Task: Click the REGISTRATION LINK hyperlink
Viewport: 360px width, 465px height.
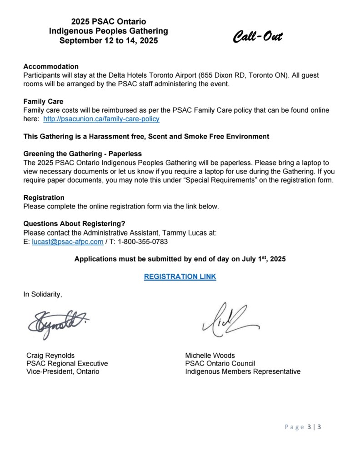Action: [x=180, y=277]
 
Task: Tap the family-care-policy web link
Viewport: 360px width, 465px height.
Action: [x=101, y=119]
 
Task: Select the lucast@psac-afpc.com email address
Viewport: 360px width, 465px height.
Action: [x=67, y=242]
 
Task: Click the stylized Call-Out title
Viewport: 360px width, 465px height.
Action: [x=257, y=36]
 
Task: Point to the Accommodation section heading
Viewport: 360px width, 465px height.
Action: [x=51, y=66]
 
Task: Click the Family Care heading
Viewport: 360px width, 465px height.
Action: [x=43, y=101]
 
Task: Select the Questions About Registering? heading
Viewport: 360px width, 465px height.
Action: [x=74, y=223]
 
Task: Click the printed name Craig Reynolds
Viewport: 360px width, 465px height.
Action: [x=50, y=355]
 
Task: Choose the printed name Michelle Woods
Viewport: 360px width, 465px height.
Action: [x=210, y=355]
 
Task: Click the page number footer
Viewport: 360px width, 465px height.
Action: [x=303, y=427]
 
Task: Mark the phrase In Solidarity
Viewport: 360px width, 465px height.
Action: [x=42, y=294]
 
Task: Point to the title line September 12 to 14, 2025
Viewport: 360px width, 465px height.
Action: [x=109, y=40]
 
